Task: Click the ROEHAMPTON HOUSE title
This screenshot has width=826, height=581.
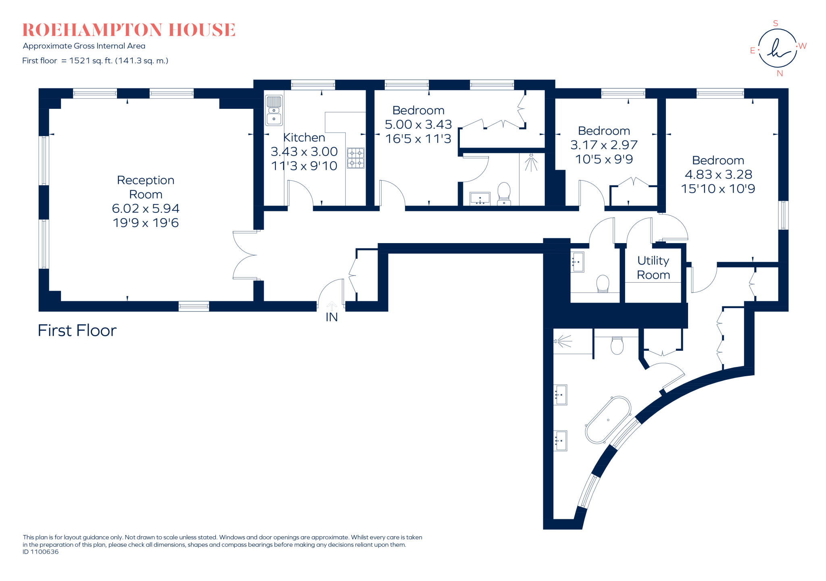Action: (129, 30)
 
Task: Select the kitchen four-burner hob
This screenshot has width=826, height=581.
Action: (356, 158)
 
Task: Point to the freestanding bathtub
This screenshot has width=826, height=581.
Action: (608, 420)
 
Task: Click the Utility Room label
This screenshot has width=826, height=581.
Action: (653, 268)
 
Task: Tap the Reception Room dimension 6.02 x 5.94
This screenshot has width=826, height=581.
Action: (146, 208)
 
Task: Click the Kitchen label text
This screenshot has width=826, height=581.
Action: (304, 137)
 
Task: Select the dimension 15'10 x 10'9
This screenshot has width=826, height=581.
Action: (718, 189)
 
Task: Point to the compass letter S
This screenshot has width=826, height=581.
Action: (775, 23)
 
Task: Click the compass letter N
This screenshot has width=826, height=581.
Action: (780, 73)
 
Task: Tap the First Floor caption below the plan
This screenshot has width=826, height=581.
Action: (77, 331)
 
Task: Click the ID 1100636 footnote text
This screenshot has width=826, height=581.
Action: (41, 552)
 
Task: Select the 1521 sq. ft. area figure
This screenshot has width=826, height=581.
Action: (91, 61)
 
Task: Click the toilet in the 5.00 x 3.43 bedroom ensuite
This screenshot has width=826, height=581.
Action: (504, 193)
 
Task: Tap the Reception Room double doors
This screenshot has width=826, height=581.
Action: (245, 255)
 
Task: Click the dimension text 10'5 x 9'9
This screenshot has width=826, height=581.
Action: (604, 159)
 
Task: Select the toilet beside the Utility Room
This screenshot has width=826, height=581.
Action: (603, 283)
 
